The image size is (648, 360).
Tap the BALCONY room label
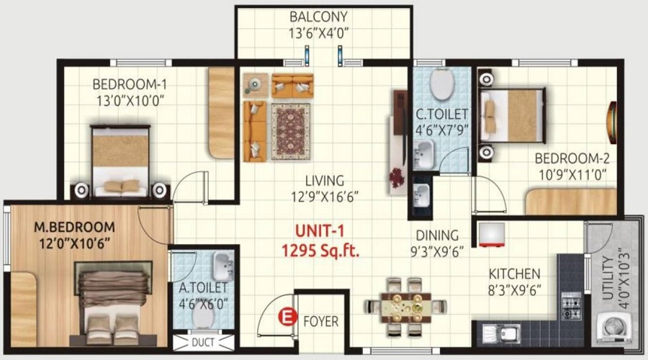(x=318, y=17)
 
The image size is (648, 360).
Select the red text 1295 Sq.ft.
(x=320, y=251)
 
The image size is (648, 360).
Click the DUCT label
(x=203, y=342)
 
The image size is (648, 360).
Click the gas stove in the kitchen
(x=571, y=306)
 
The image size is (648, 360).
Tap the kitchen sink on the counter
(x=501, y=333)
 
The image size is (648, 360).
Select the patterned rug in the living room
(x=291, y=132)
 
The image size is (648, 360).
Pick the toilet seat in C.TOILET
(x=442, y=84)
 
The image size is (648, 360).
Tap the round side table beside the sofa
(x=256, y=85)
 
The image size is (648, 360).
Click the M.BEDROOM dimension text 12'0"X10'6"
(x=75, y=244)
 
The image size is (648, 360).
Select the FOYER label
(x=320, y=322)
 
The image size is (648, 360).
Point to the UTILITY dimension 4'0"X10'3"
(x=625, y=278)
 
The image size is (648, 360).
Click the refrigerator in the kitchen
(x=491, y=235)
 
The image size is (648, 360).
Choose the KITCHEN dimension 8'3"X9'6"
(x=515, y=291)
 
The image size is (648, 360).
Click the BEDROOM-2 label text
(x=572, y=158)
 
